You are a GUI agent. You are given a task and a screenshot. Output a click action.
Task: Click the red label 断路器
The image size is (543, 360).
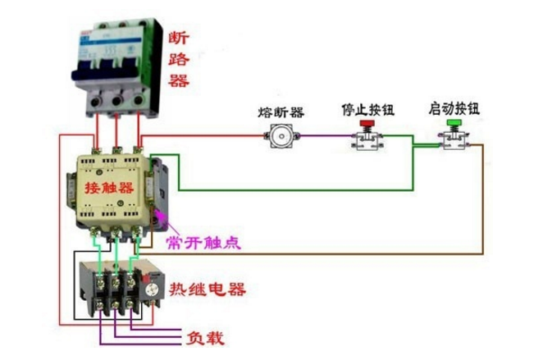point(179,59)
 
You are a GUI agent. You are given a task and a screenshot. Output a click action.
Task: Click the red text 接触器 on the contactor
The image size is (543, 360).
point(109,188)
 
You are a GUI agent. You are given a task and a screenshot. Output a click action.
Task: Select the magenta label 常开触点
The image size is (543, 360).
point(203,243)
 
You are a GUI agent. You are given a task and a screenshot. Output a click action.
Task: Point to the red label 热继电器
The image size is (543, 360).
point(207,289)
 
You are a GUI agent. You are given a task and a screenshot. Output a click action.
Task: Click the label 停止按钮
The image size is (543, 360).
point(365,109)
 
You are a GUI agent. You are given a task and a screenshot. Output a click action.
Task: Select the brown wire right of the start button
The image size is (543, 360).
point(482,197)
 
